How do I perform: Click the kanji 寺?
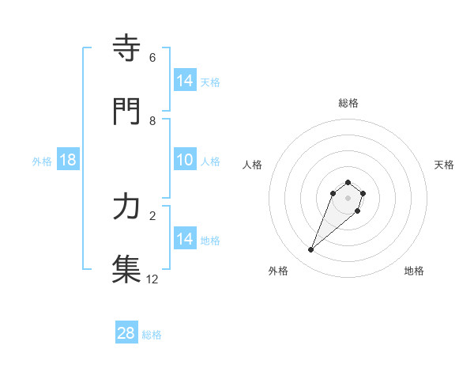[126, 49]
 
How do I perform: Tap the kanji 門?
[126, 112]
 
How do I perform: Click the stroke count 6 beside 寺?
[152, 58]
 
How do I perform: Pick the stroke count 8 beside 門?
[152, 121]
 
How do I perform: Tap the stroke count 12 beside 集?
[152, 279]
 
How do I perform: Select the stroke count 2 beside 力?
[152, 215]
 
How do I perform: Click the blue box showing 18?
[68, 160]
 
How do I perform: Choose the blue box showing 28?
[126, 333]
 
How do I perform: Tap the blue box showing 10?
[185, 160]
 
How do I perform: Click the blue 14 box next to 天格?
[185, 81]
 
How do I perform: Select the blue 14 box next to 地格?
[185, 239]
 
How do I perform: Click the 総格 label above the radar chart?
[348, 103]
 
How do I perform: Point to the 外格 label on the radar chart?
[278, 271]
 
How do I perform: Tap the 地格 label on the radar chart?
[414, 271]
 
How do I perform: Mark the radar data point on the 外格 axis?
[311, 250]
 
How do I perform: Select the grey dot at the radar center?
[348, 198]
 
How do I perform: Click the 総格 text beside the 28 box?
[152, 335]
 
